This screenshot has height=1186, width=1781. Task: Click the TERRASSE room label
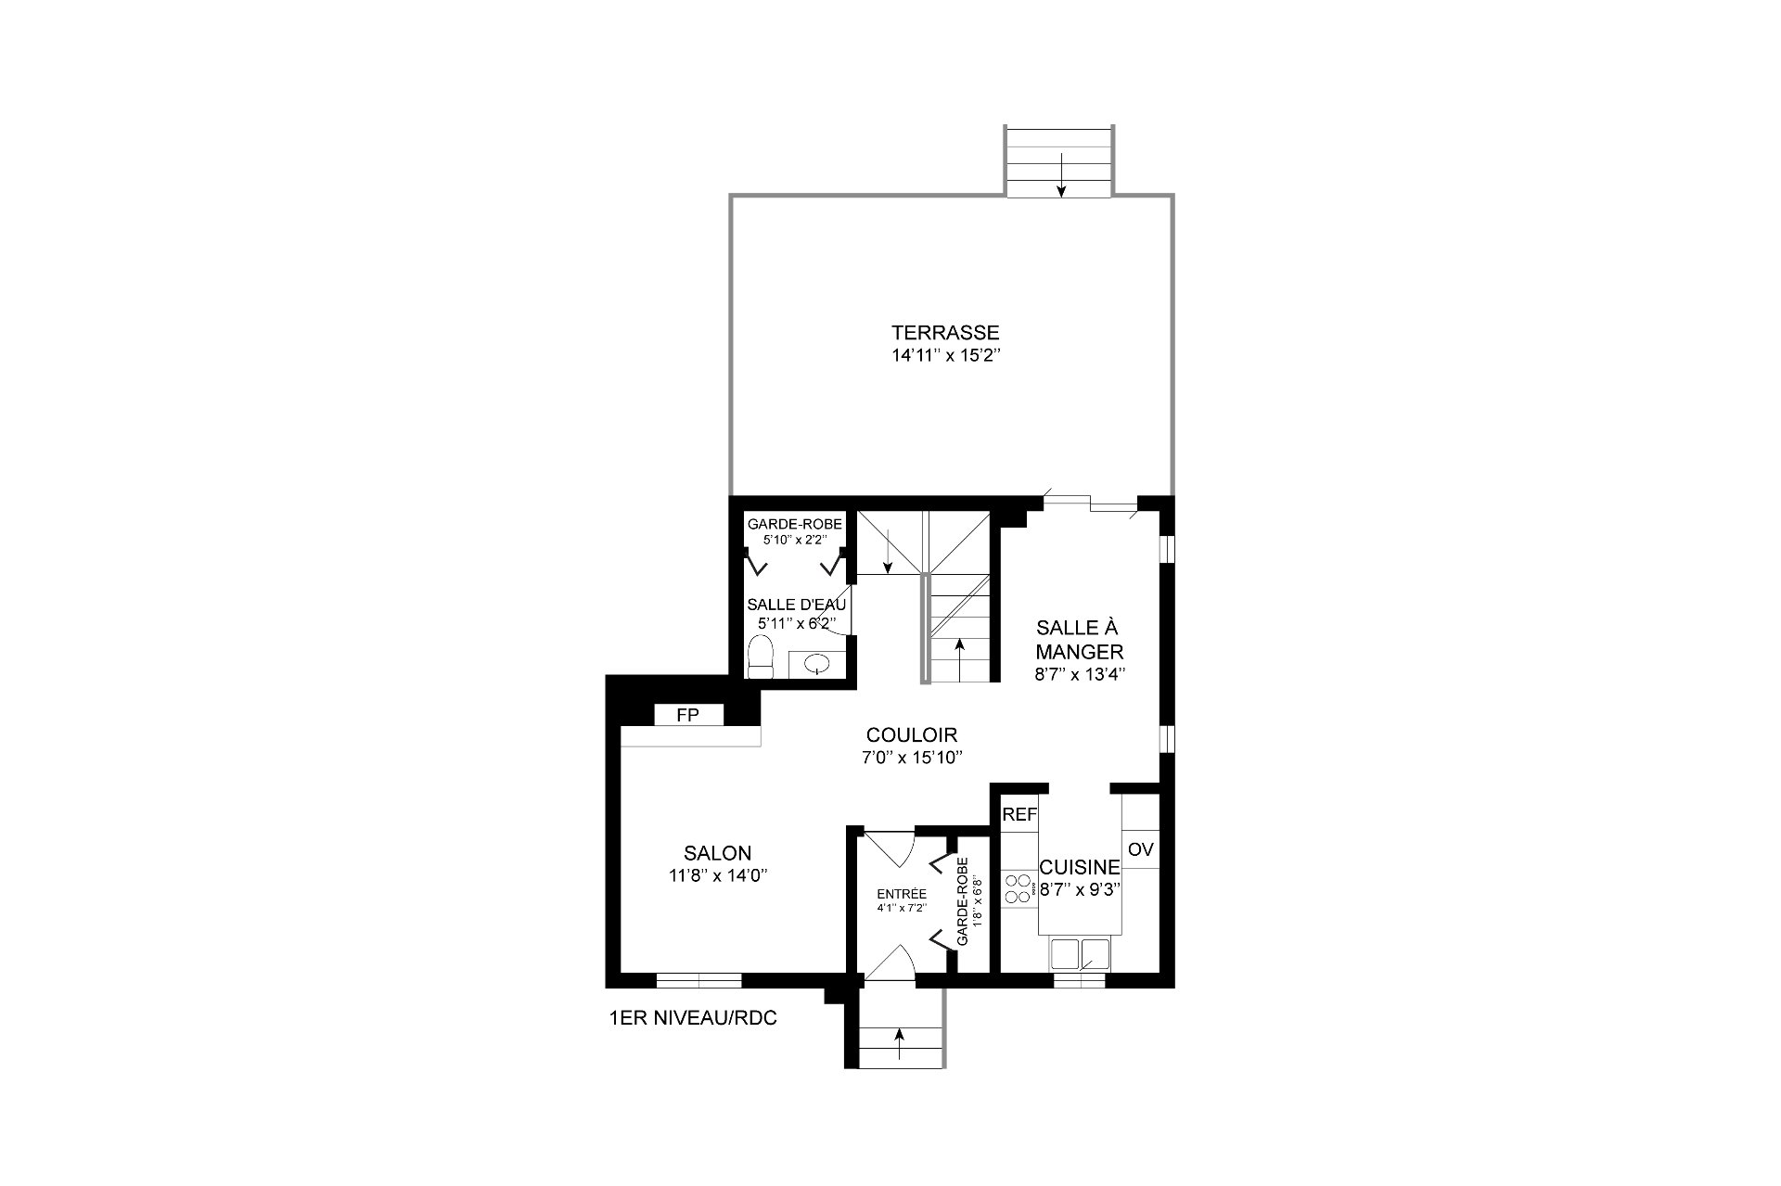coord(945,332)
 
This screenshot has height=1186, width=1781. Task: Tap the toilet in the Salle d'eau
coord(761,657)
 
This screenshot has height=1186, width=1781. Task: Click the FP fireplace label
coord(687,715)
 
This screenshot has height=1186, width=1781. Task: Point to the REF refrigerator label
coord(1019,815)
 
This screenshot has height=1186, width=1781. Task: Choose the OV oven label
coord(1140,849)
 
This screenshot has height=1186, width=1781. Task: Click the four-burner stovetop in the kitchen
coord(1019,888)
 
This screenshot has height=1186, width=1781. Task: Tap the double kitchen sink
coord(1079,953)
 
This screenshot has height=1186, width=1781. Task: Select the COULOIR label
coord(912,735)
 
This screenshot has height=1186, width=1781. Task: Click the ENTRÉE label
coord(902,894)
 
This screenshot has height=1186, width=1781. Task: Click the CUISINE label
coord(1080,867)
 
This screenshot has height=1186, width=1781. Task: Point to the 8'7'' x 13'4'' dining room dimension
coord(1080,675)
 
